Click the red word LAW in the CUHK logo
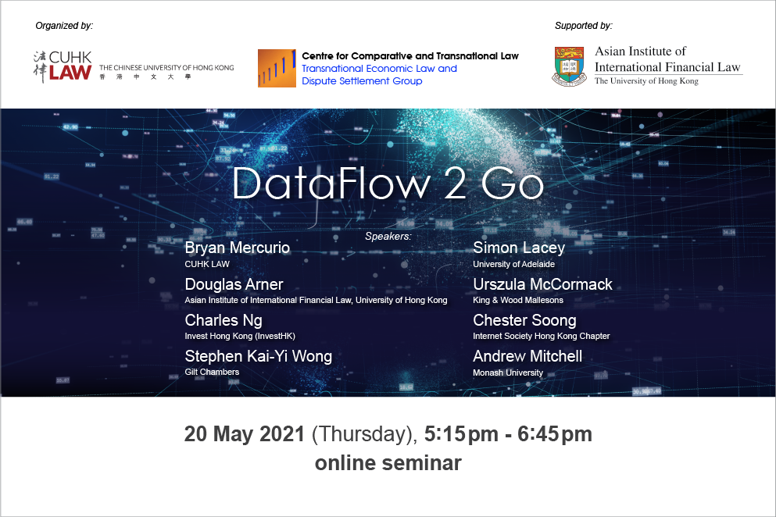(70, 73)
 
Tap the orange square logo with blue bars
(277, 68)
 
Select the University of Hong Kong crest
(569, 66)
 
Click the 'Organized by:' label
(64, 26)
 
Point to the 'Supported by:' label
(584, 26)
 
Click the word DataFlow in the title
(331, 184)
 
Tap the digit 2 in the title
(455, 184)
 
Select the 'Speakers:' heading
(388, 237)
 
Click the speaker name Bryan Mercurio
(237, 248)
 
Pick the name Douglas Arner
(234, 284)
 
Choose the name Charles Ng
(224, 321)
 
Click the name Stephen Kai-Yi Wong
(259, 356)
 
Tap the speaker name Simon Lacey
(519, 248)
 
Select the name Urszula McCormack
(542, 284)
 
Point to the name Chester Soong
(524, 321)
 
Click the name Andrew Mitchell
(527, 356)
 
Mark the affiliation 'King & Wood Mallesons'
(518, 300)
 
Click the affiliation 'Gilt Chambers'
(212, 372)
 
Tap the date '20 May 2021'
(245, 434)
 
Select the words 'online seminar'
(388, 463)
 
